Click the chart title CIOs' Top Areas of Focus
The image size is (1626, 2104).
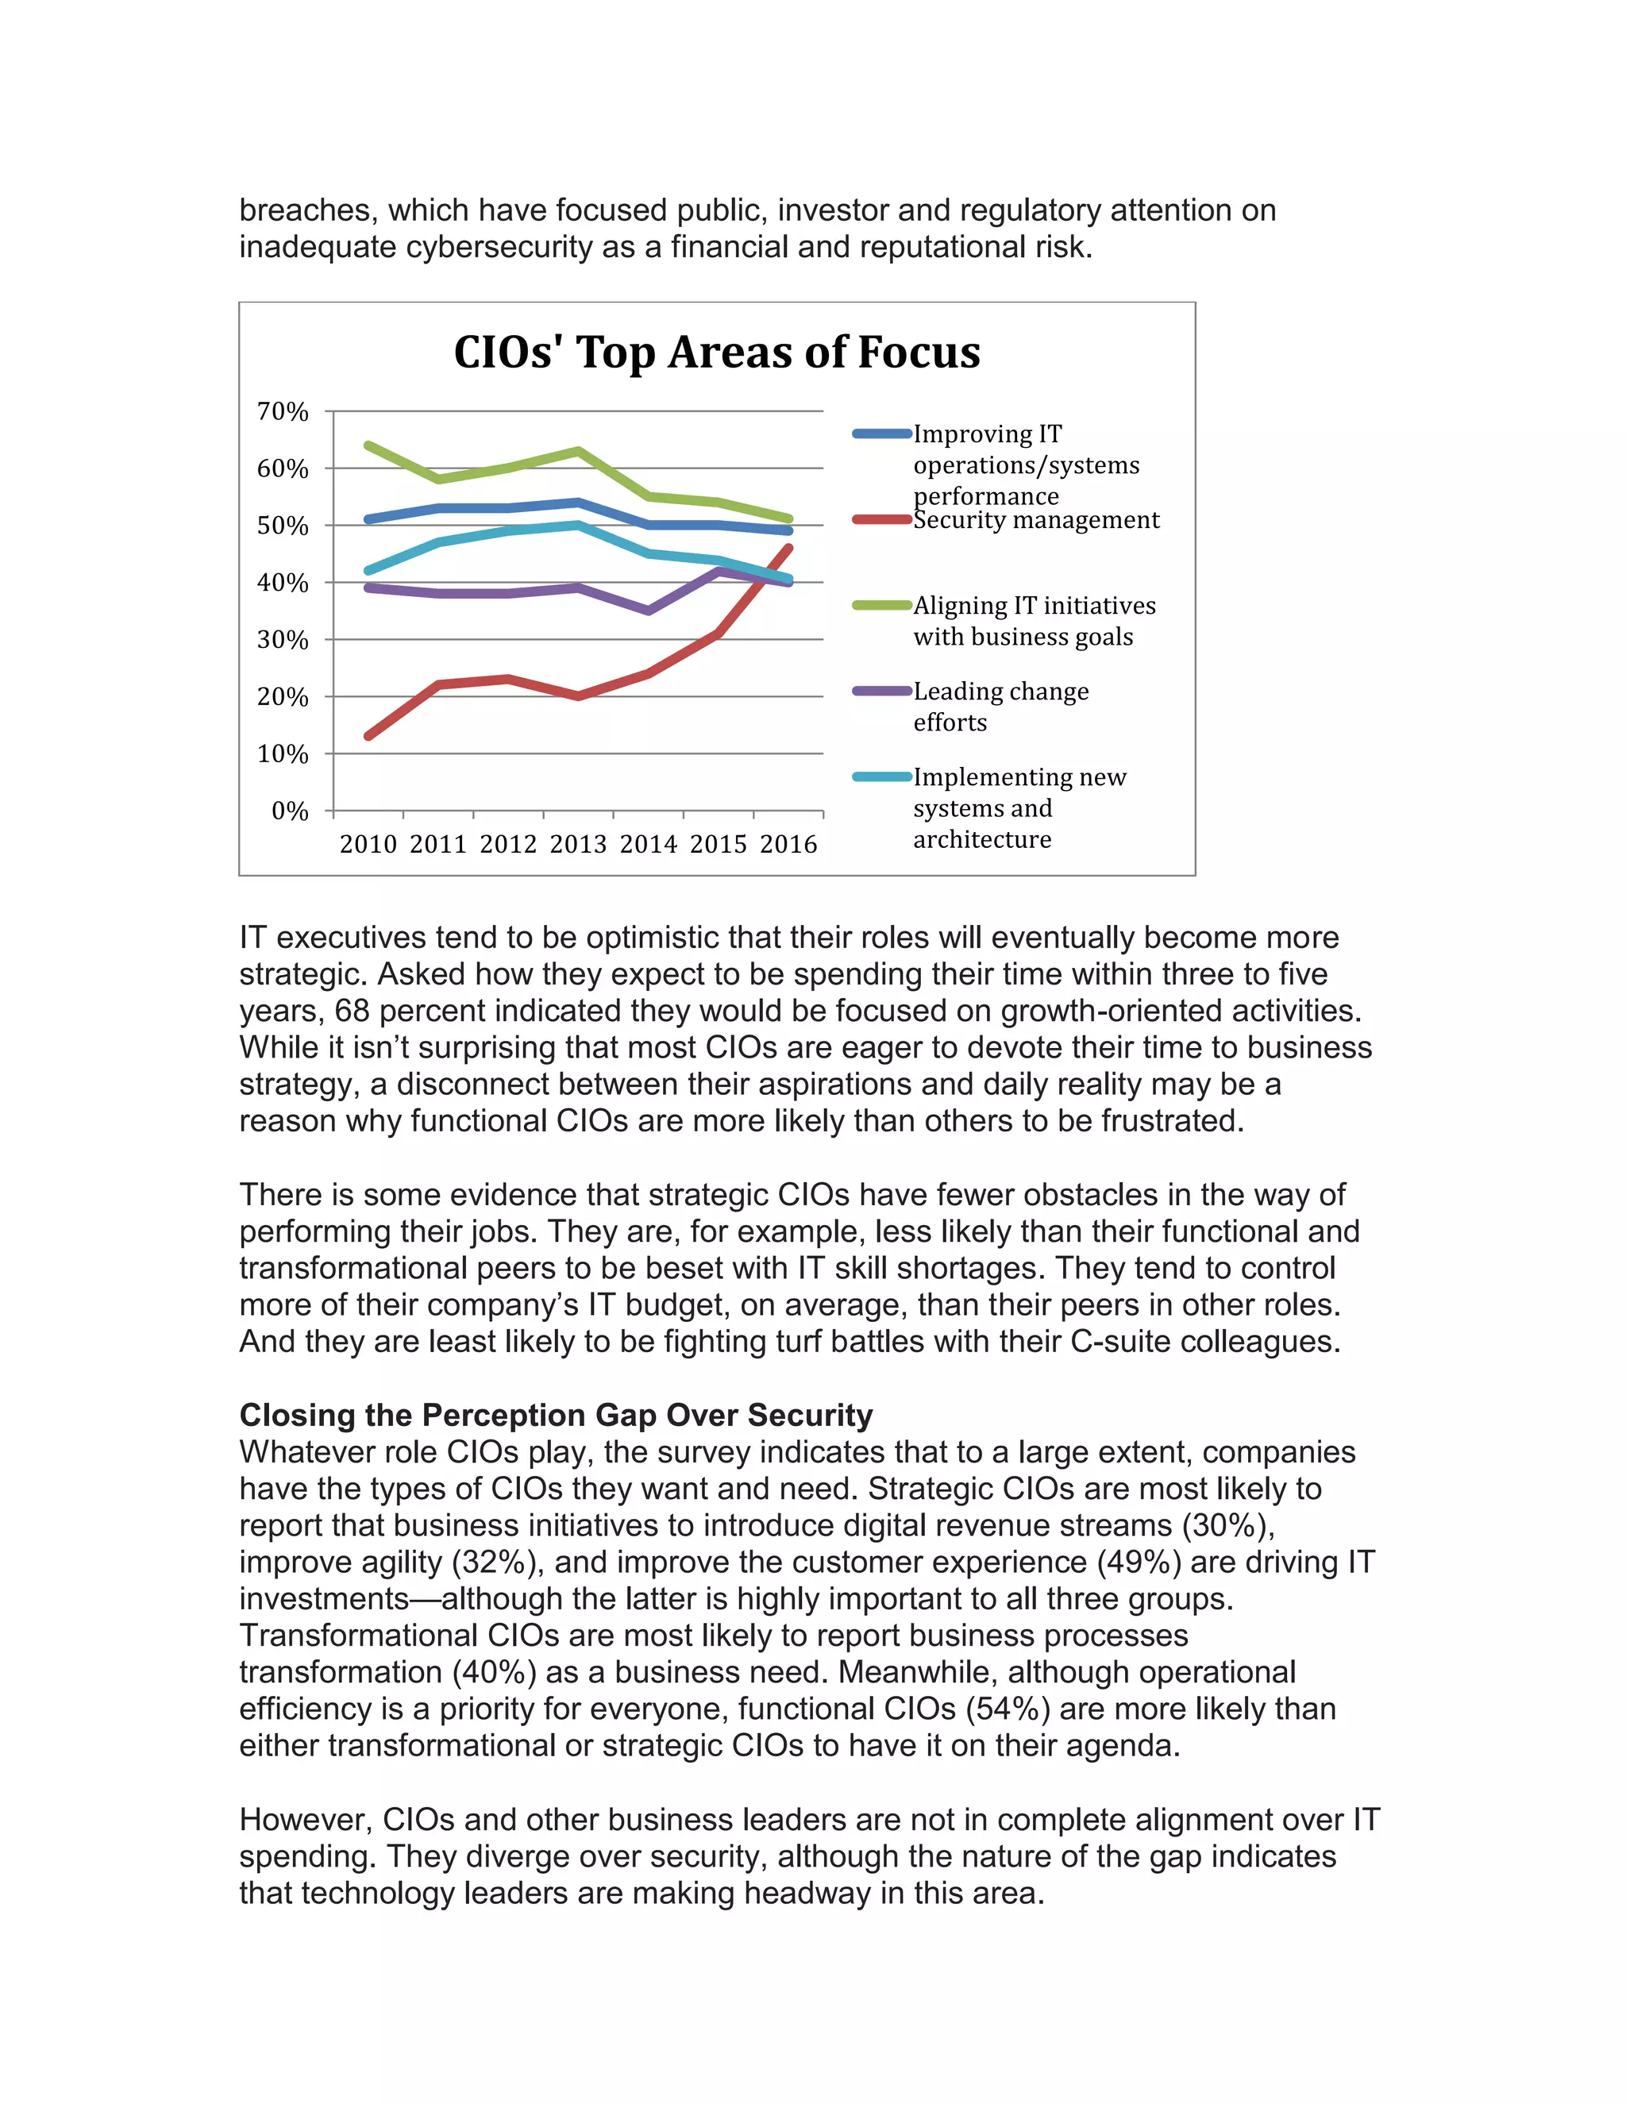pos(717,353)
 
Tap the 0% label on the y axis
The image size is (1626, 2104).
pos(289,811)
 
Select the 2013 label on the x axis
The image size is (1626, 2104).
pos(578,845)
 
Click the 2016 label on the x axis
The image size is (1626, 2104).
pos(788,845)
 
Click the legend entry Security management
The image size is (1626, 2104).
pos(1035,520)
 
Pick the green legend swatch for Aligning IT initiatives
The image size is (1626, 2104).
pos(881,606)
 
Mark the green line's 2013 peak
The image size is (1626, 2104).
pos(578,451)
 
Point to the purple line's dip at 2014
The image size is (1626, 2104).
pos(649,611)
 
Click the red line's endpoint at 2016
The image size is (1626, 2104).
pos(789,548)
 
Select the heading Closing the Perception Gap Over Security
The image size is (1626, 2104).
pos(556,1415)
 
